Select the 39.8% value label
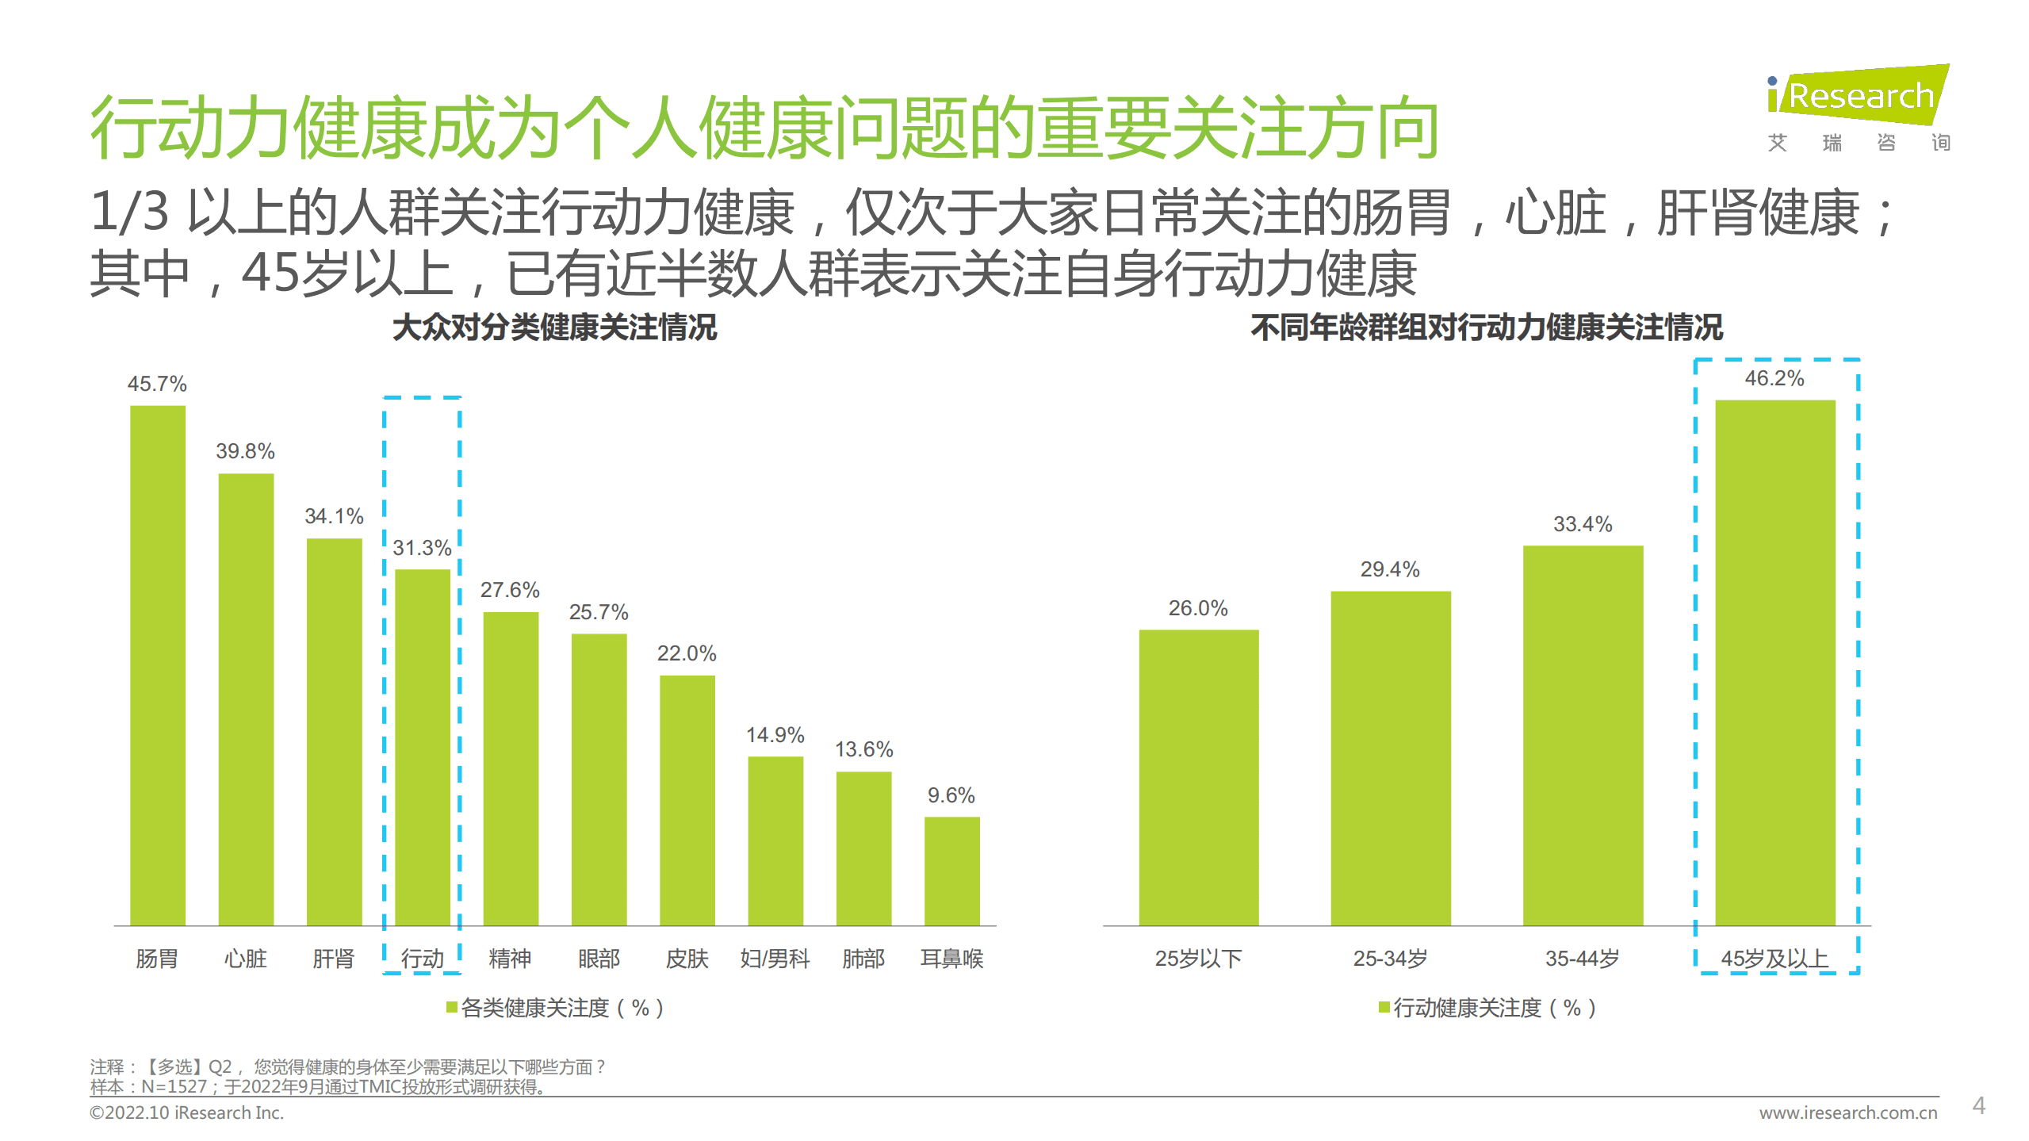245,451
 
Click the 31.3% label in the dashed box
422,548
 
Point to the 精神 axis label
510,959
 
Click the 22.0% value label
687,653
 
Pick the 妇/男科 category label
775,959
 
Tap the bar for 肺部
863,848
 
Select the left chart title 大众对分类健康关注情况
554,327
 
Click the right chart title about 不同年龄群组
1486,327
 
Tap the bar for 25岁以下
1198,777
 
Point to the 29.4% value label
1390,569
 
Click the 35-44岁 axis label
1582,959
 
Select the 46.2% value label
1774,378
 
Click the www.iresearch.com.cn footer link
1847,1112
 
